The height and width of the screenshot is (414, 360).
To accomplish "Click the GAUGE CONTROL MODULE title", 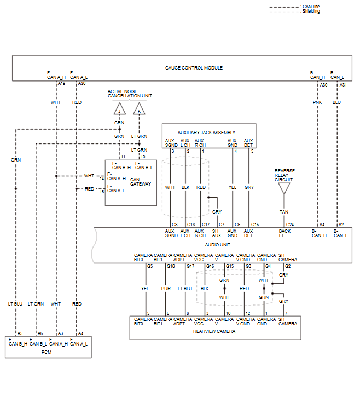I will (194, 68).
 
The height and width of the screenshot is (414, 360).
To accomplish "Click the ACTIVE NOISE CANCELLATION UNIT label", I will (130, 94).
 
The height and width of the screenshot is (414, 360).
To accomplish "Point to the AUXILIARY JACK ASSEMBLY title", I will (206, 133).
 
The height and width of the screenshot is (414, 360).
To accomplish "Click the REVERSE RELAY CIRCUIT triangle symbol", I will (284, 189).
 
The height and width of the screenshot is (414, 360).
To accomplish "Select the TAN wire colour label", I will (284, 212).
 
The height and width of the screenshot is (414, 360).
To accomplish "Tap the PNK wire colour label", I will (317, 102).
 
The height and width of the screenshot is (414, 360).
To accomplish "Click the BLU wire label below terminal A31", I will (336, 102).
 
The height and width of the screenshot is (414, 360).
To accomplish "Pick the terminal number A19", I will (61, 84).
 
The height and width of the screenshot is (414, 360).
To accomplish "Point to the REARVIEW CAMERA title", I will (214, 331).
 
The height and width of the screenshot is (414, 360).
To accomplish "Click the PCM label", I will (48, 352).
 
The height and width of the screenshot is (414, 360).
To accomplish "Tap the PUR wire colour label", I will (166, 289).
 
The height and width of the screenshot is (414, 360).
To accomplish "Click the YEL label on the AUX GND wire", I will (233, 187).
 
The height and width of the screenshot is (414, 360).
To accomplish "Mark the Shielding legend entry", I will (311, 11).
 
